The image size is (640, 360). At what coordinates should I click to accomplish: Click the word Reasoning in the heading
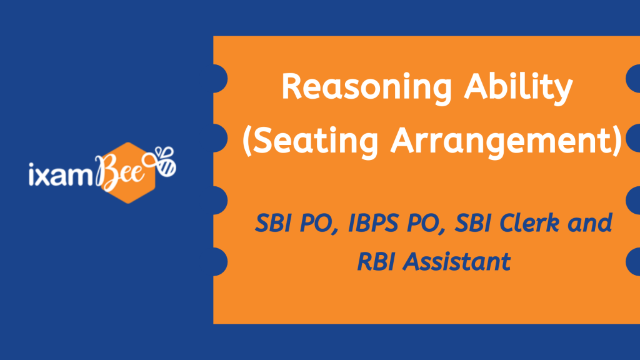(x=367, y=88)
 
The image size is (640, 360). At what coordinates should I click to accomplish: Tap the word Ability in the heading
(x=518, y=88)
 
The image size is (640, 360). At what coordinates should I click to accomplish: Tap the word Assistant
(x=456, y=262)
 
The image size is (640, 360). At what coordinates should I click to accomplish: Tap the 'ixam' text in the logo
(x=61, y=174)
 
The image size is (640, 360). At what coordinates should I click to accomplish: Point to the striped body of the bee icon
(x=167, y=167)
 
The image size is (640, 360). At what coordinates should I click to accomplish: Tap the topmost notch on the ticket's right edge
(x=632, y=79)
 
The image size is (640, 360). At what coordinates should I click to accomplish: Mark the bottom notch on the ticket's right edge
(x=632, y=262)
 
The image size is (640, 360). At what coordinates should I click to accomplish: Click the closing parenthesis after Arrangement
(x=617, y=141)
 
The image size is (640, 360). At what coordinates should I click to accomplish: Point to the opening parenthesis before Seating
(x=247, y=141)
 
